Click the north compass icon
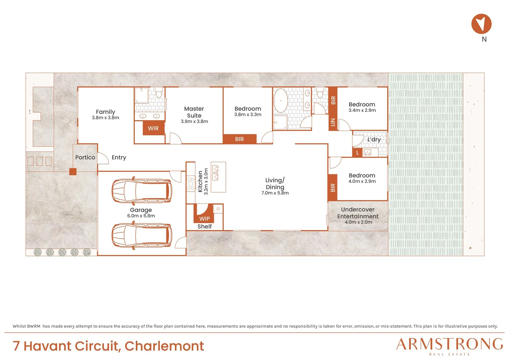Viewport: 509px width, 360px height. pos(481,24)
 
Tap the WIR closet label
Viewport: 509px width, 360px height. pos(153,128)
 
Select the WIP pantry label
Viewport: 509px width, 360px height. pos(205,219)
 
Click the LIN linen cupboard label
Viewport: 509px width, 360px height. pos(333,122)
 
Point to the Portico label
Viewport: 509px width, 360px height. pos(85,157)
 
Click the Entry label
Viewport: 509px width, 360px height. pos(119,157)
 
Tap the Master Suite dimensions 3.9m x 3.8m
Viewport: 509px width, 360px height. pos(194,121)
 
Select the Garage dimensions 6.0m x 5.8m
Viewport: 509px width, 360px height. pos(141,216)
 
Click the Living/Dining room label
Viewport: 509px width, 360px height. pos(275,184)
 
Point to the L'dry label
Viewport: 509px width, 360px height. pos(374,139)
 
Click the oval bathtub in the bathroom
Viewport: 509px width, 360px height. pos(280,101)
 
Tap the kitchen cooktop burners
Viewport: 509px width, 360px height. pos(191,184)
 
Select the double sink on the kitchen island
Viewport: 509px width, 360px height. pos(216,173)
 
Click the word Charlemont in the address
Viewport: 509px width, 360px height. pos(164,346)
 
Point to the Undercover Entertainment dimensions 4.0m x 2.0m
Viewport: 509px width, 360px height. pos(358,222)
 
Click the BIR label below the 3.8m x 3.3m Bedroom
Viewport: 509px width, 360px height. pos(239,139)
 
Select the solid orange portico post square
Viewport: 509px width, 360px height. pos(73,171)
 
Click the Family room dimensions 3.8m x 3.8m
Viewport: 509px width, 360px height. pos(106,118)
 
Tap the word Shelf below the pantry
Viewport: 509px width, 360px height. pos(205,227)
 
